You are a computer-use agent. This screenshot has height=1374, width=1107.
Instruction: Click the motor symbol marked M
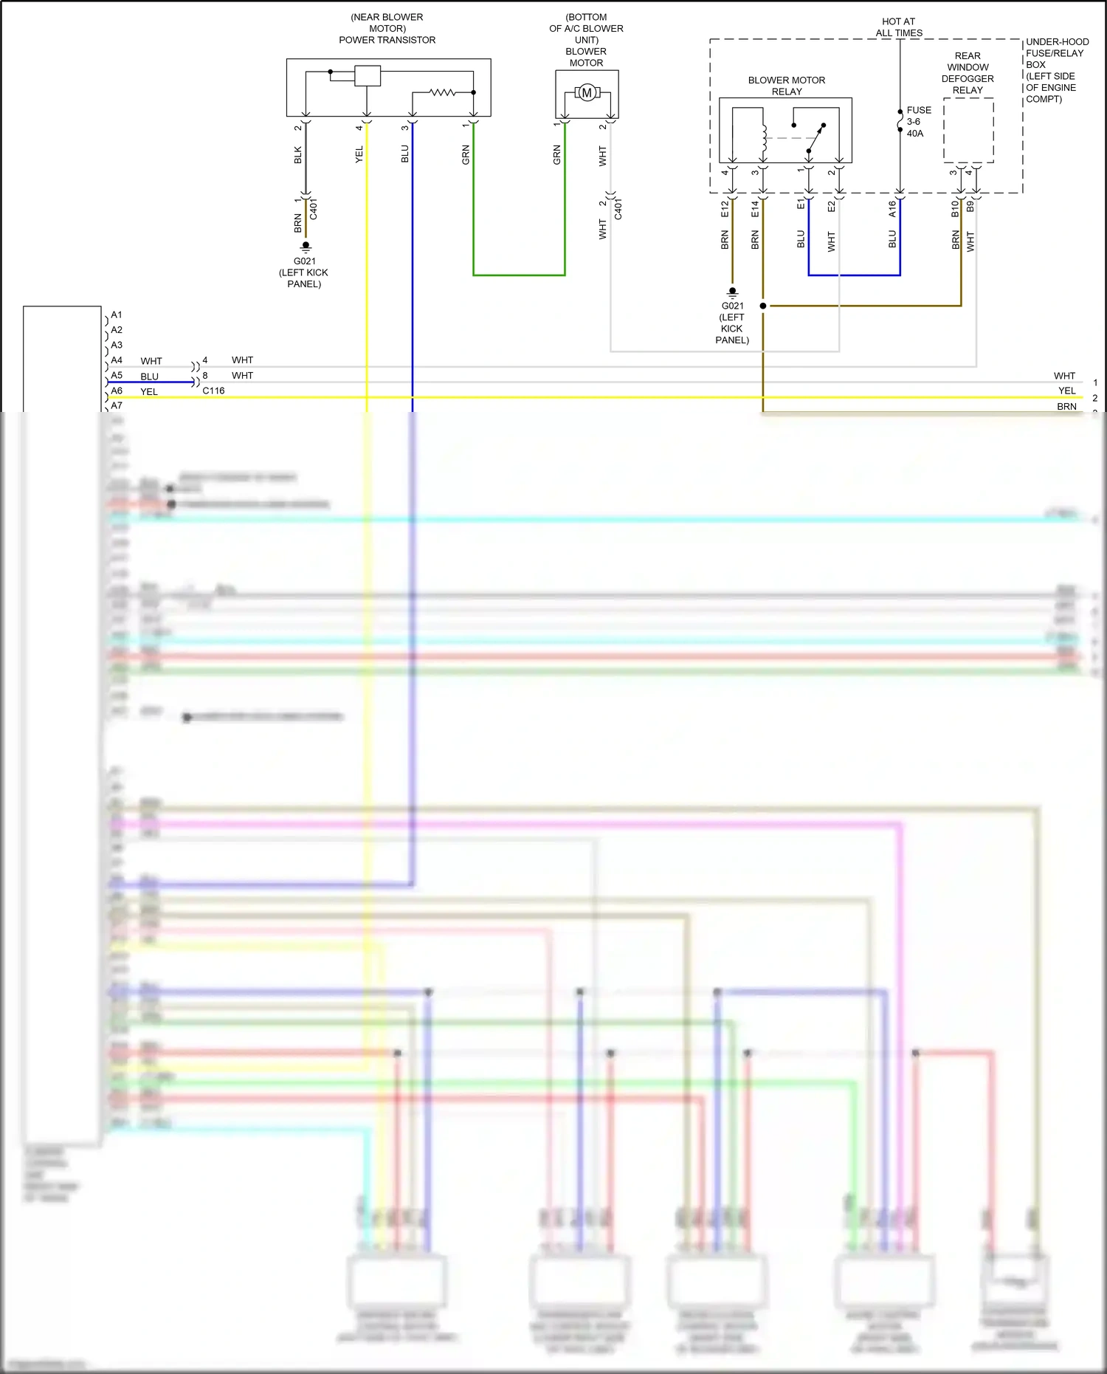click(x=587, y=92)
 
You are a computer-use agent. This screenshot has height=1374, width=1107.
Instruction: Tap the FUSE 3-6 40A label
click(x=918, y=122)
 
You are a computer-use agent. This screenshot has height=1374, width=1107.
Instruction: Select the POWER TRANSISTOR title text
click(x=387, y=40)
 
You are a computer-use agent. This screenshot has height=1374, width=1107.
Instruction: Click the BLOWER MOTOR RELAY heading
click(x=787, y=86)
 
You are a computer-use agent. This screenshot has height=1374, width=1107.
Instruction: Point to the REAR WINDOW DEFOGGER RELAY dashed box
click(x=968, y=130)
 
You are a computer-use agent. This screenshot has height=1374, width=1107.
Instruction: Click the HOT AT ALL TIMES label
click(x=899, y=27)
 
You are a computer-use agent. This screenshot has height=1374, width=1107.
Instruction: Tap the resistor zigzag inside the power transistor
click(x=443, y=92)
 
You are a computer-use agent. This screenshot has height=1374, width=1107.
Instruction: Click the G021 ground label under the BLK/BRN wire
click(x=304, y=261)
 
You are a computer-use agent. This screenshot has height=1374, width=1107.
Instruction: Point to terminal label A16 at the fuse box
click(x=892, y=209)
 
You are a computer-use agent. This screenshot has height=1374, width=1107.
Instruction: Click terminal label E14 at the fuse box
click(x=755, y=209)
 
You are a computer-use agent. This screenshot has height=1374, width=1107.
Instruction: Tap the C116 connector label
click(x=213, y=391)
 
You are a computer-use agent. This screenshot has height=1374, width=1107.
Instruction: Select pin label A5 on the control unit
click(x=117, y=375)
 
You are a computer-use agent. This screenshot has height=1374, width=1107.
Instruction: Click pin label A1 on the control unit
click(x=117, y=315)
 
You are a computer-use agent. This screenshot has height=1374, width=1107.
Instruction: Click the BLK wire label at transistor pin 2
click(x=298, y=155)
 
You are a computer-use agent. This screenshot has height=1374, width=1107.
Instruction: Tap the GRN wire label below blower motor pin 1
click(x=557, y=155)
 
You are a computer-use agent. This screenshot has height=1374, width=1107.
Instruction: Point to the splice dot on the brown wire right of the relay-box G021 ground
click(x=763, y=306)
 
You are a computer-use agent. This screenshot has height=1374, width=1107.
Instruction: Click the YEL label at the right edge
click(x=1066, y=391)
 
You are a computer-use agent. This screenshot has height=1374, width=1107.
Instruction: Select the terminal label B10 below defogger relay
click(x=955, y=208)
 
